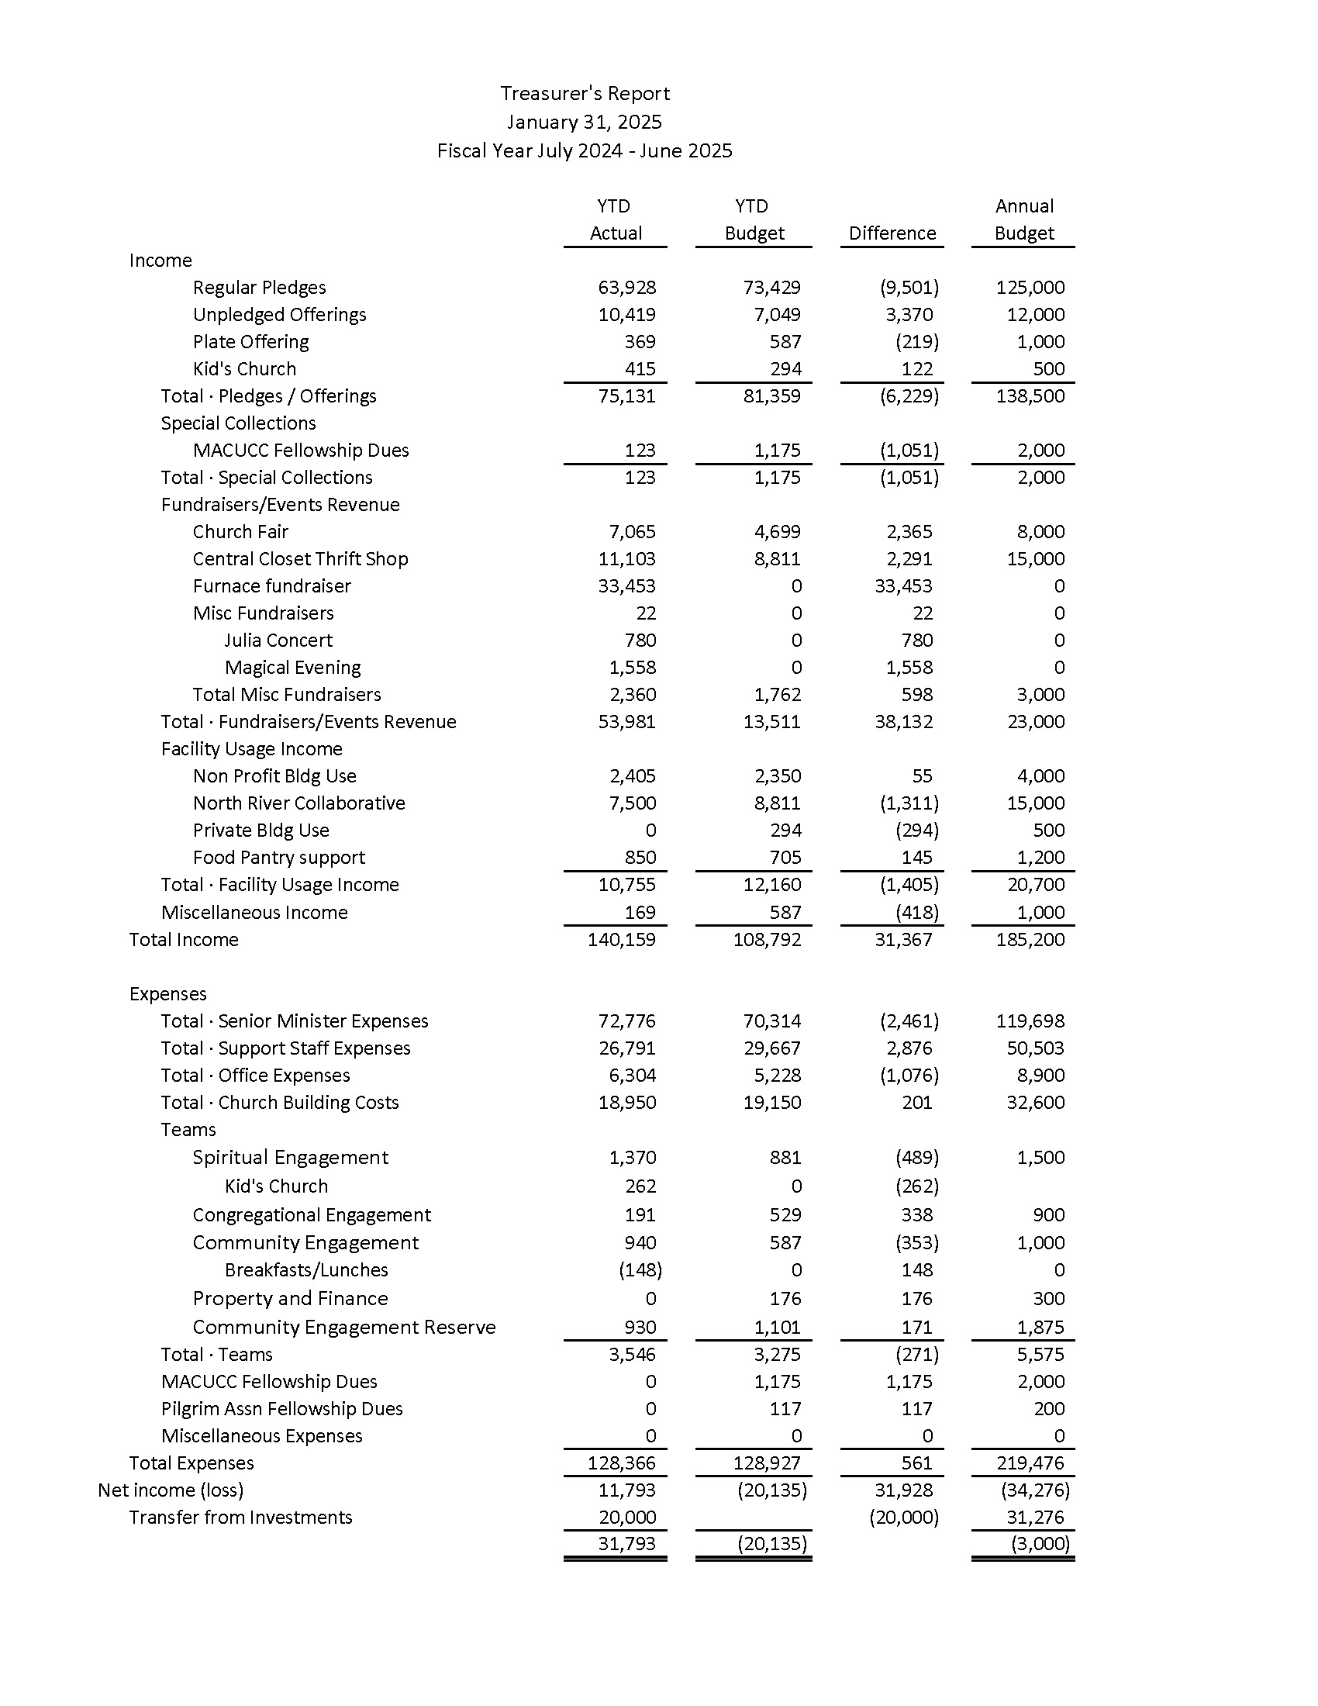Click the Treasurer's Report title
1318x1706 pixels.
(x=585, y=94)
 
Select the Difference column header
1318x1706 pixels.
(x=892, y=233)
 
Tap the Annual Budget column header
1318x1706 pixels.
(x=1023, y=219)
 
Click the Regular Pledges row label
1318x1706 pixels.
(x=259, y=288)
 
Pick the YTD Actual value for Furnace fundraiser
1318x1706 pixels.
(x=626, y=585)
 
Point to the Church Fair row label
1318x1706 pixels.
(x=240, y=532)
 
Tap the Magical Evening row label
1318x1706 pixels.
(x=293, y=668)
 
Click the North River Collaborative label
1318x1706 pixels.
(x=299, y=803)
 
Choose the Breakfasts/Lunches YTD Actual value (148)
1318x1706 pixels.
(x=640, y=1269)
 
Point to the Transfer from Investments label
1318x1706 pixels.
(x=240, y=1517)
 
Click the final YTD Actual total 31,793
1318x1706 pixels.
(x=626, y=1543)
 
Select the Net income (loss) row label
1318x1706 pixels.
(x=171, y=1490)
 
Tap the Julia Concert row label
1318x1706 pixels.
(x=278, y=641)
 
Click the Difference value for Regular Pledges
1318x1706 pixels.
(x=909, y=288)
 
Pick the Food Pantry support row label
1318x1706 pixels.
(x=279, y=858)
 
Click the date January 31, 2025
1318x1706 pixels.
(x=584, y=123)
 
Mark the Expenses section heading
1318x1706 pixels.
(x=168, y=993)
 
